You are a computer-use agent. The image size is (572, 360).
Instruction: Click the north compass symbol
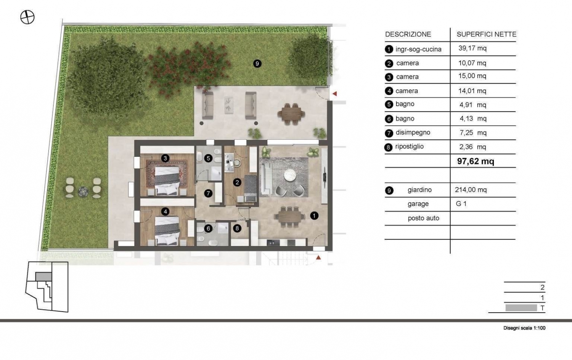(x=27, y=17)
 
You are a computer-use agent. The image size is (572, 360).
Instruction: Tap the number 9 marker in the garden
(x=257, y=64)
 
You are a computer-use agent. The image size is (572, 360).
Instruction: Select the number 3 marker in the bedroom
(x=165, y=158)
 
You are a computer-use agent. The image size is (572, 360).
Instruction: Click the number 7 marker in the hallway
(x=208, y=193)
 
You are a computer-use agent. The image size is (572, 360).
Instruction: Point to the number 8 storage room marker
(x=237, y=228)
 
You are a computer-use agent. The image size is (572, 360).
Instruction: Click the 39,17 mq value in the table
(x=472, y=48)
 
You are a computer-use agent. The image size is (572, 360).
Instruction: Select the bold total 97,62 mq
(x=476, y=161)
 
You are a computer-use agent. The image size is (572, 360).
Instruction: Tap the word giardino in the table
(x=419, y=190)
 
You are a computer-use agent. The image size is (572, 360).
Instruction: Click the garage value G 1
(x=461, y=204)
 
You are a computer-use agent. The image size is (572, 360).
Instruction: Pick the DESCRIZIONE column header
(x=408, y=34)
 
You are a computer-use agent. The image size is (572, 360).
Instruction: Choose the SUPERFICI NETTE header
(x=487, y=34)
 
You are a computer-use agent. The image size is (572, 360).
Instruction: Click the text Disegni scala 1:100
(x=524, y=328)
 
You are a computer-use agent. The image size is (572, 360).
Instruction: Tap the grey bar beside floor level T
(x=521, y=308)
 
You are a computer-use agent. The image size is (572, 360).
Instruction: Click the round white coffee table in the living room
(x=290, y=175)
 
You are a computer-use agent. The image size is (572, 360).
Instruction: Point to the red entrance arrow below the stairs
(x=318, y=258)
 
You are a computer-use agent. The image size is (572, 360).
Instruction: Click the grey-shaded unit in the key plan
(x=44, y=276)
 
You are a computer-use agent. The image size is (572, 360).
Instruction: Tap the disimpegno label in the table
(x=413, y=132)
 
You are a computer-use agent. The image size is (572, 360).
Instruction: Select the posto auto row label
(x=423, y=218)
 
